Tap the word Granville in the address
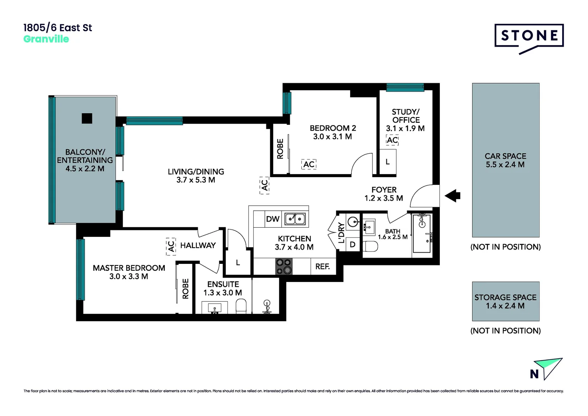(x=46, y=39)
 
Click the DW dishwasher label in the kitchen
(x=272, y=219)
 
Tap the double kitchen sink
(x=295, y=219)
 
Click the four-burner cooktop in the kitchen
(x=284, y=266)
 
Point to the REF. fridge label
(x=322, y=267)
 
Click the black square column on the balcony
(x=87, y=118)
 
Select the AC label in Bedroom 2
(x=309, y=164)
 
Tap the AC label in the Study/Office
(x=392, y=140)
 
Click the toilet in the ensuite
(x=241, y=307)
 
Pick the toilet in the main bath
(x=370, y=246)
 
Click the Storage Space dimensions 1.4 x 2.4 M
(x=505, y=306)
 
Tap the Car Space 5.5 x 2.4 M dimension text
(x=505, y=164)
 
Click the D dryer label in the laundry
(x=352, y=245)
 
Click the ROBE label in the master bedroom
(x=185, y=289)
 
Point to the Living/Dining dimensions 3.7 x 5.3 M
(x=195, y=180)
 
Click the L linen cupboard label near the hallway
(x=238, y=263)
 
